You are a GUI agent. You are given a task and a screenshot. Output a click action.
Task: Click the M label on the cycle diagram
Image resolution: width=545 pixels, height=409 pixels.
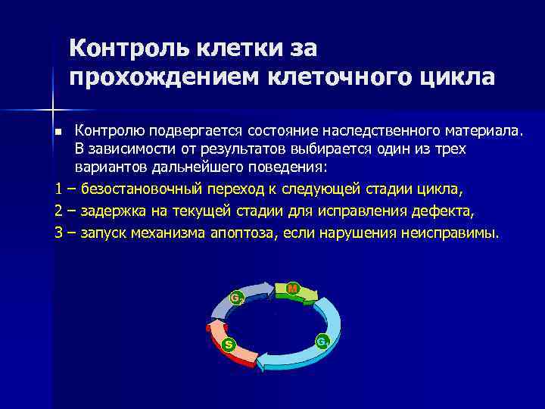293,288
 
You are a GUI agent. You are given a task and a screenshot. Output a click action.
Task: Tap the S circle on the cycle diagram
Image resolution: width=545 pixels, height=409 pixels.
229,346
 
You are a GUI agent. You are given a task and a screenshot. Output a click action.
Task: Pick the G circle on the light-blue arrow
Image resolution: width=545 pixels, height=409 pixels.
322,342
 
